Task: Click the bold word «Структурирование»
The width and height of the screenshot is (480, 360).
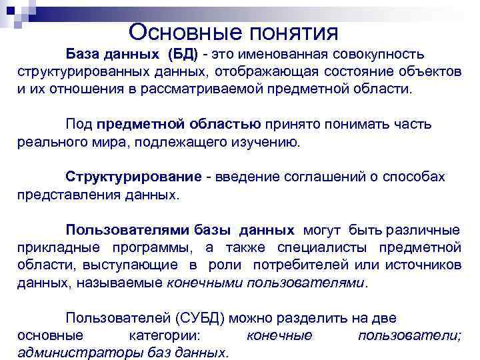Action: [x=133, y=176]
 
